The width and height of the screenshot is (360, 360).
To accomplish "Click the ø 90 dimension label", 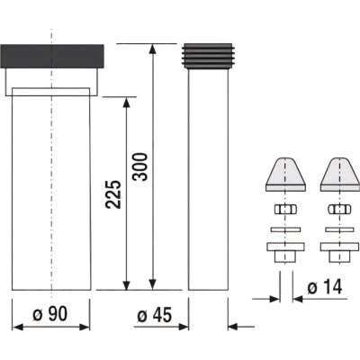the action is [x=50, y=314].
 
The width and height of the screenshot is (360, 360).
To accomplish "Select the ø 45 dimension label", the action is [x=155, y=316].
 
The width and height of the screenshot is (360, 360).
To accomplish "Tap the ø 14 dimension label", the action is [x=325, y=288].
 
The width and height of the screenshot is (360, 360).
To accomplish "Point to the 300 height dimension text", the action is [x=140, y=166].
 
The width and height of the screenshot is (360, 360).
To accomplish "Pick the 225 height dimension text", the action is [x=113, y=194].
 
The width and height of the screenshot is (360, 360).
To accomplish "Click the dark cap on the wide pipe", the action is [x=52, y=56].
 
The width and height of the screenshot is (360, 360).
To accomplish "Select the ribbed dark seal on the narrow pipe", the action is [x=208, y=57].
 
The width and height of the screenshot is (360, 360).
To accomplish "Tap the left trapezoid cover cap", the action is [x=286, y=174].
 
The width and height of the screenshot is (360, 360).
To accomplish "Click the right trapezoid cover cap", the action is [x=340, y=174].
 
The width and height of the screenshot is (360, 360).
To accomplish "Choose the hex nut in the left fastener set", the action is [x=285, y=209].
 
